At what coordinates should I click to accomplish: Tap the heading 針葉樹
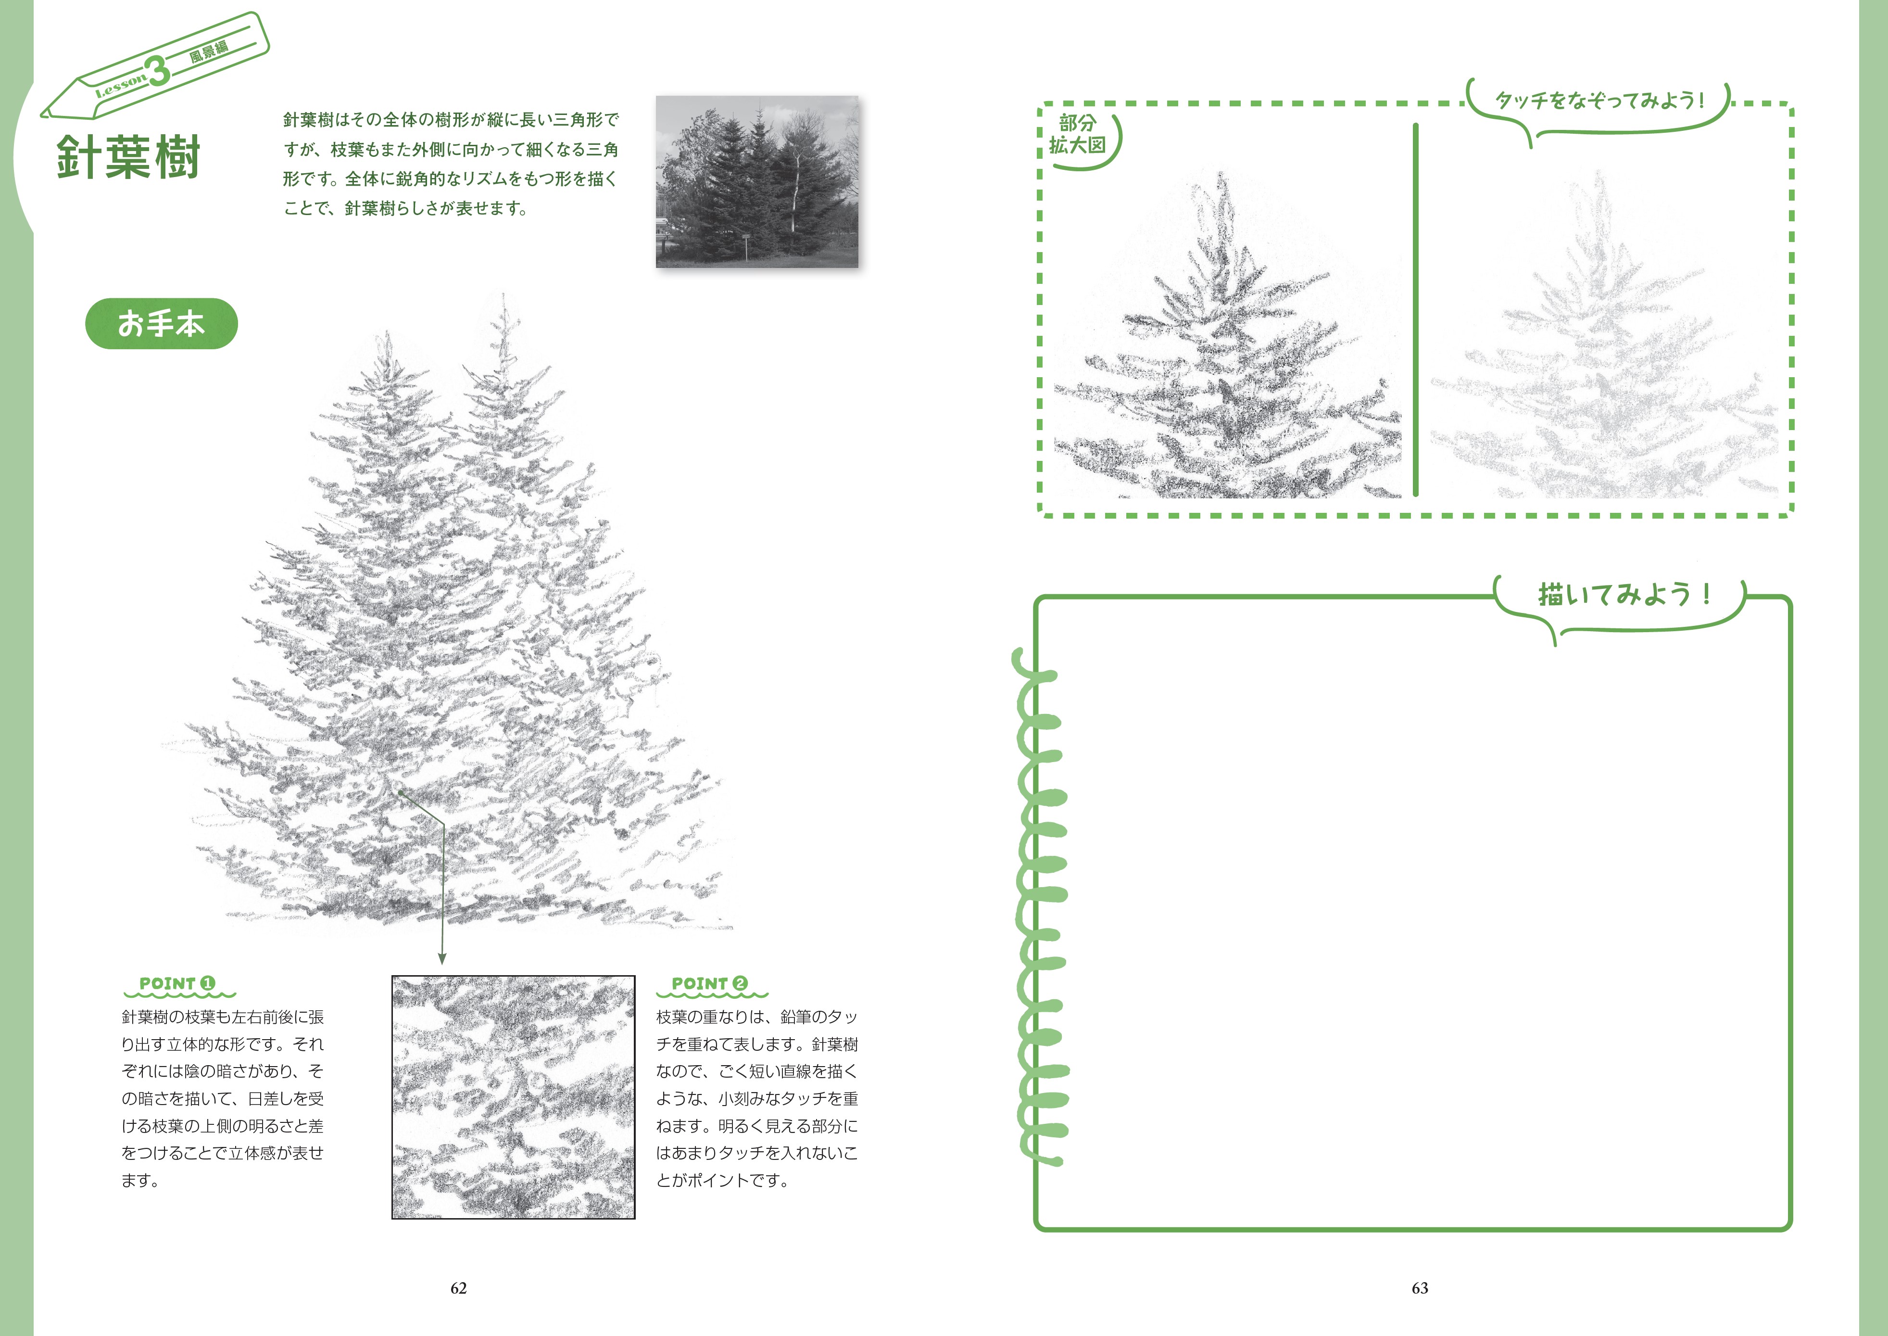(x=128, y=157)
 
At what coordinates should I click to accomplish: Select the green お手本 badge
(x=161, y=323)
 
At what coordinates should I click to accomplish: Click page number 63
(x=1420, y=1288)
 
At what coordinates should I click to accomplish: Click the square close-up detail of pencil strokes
(x=513, y=1096)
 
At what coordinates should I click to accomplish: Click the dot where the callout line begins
(x=401, y=792)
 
